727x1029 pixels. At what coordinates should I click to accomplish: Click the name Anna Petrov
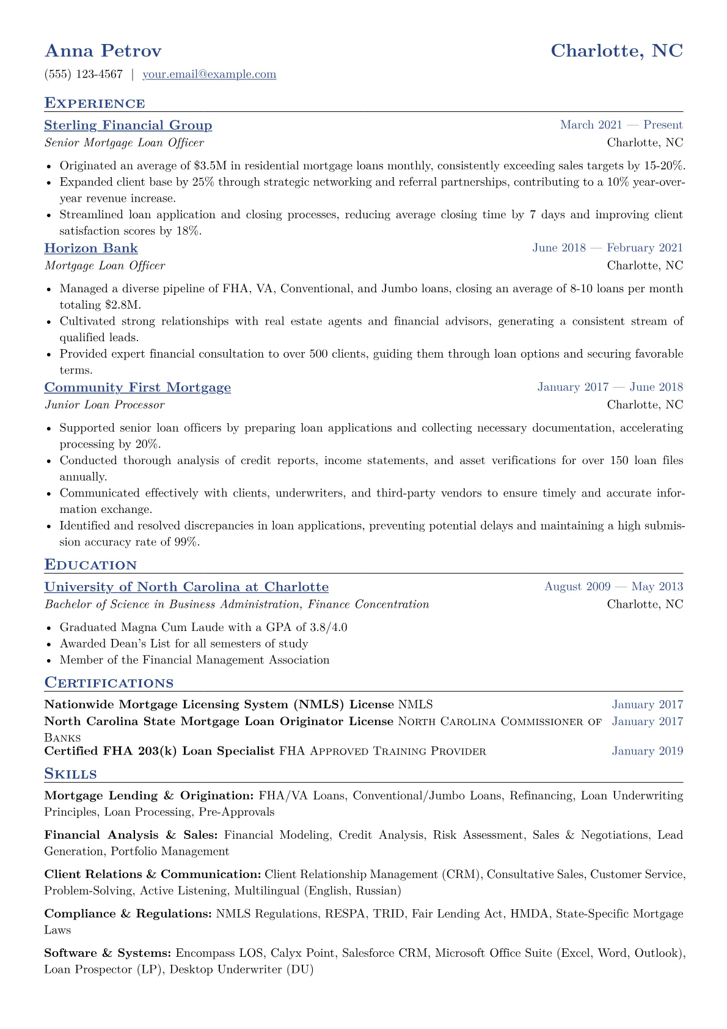pos(103,51)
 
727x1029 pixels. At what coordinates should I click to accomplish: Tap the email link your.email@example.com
pos(209,75)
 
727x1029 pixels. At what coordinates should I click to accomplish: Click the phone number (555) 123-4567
pos(84,75)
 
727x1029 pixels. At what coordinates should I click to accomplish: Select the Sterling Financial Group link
pos(128,125)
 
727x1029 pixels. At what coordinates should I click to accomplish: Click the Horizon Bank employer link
pos(91,248)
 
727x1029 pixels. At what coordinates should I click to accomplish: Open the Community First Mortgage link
pos(137,388)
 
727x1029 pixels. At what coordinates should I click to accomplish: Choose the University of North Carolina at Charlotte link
pos(186,587)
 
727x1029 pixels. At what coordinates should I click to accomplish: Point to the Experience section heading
pos(95,103)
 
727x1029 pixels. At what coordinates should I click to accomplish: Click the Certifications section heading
pos(109,683)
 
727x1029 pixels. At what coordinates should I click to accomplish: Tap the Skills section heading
pos(70,774)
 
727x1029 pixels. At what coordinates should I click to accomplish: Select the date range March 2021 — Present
pos(621,125)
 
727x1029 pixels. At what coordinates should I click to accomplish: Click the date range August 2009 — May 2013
pos(613,587)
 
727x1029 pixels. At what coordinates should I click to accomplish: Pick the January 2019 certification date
pos(647,751)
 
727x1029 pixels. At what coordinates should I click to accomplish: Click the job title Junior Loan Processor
pos(104,405)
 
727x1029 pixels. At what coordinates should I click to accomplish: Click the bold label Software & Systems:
pos(108,953)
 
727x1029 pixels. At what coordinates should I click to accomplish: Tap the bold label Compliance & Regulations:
pos(128,914)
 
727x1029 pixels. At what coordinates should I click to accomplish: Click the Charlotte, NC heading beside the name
pos(616,51)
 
